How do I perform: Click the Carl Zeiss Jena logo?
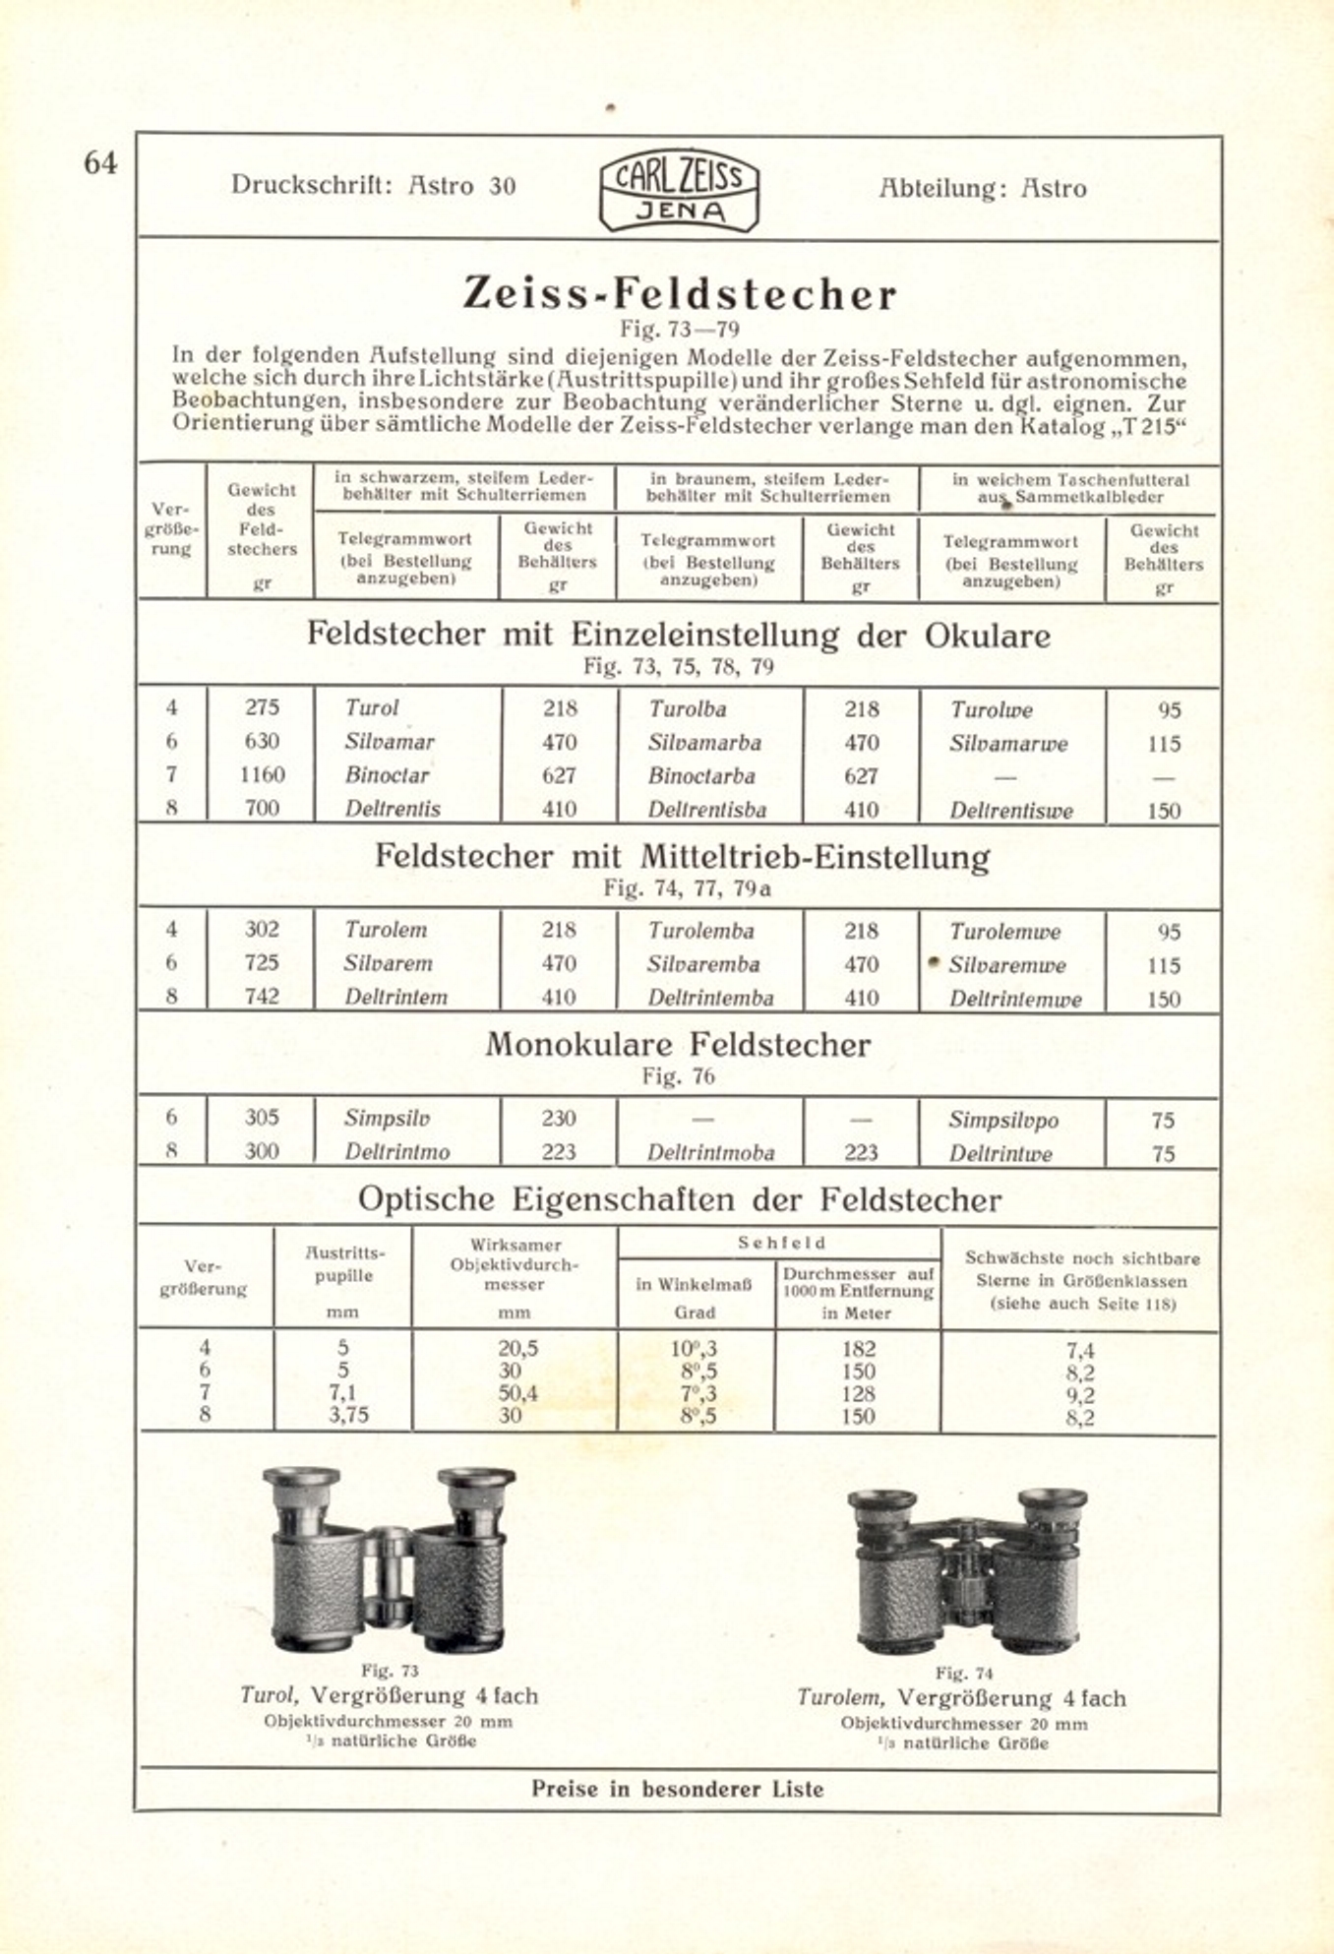(679, 191)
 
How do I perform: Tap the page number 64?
(100, 163)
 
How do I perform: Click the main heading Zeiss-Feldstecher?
(680, 293)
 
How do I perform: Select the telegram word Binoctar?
(387, 775)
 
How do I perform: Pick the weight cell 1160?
(262, 775)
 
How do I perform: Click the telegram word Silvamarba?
(703, 743)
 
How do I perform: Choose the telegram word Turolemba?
(700, 931)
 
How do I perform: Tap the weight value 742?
(262, 996)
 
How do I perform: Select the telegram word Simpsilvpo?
(1003, 1120)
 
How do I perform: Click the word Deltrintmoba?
(710, 1152)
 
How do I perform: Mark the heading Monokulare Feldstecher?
(678, 1044)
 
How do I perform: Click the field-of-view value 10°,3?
(695, 1349)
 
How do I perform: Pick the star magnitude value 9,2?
(1079, 1395)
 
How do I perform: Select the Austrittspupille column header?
(343, 1264)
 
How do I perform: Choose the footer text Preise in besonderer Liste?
(678, 1789)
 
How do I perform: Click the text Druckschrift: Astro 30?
(373, 185)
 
